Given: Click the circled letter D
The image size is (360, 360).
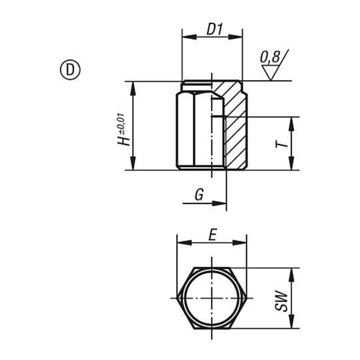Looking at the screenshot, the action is (x=70, y=70).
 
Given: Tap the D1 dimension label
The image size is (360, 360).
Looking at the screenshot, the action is (x=214, y=29).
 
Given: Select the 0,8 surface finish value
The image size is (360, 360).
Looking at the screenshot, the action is (x=270, y=57).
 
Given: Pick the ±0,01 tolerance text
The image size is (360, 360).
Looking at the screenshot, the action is (x=121, y=124).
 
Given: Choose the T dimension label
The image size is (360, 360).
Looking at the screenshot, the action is (x=281, y=144).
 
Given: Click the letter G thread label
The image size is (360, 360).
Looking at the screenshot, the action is (x=199, y=195).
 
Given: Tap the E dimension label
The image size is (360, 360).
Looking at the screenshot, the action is (x=212, y=234).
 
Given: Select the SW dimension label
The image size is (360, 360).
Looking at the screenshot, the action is (x=281, y=301).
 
